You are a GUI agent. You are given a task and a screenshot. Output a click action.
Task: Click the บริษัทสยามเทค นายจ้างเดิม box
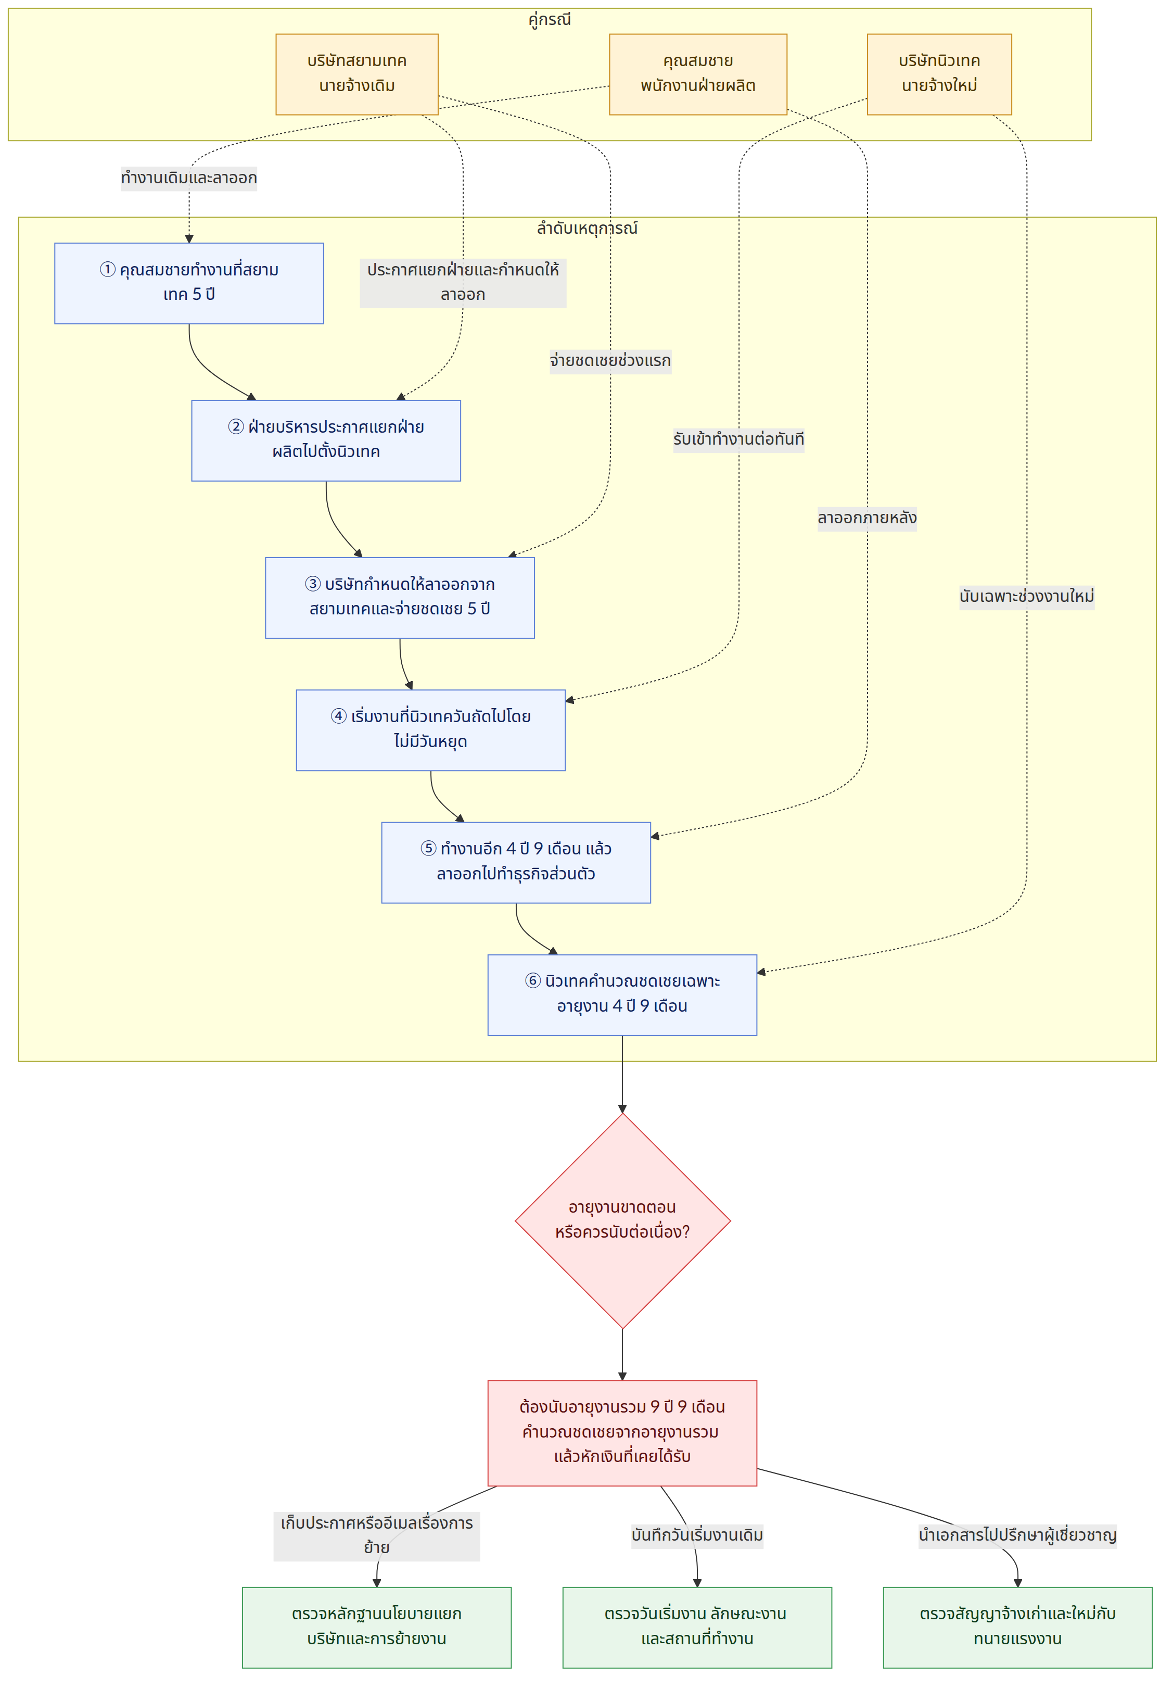[x=356, y=74]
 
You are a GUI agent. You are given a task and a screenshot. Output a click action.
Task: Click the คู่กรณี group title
[x=549, y=19]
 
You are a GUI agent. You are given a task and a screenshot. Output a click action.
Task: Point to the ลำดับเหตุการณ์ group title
[x=586, y=228]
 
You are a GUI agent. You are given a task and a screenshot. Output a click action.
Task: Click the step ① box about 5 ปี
[x=189, y=283]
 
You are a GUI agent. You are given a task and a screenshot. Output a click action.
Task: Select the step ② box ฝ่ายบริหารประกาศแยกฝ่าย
[x=326, y=440]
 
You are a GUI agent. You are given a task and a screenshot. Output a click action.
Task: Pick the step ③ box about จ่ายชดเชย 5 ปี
[x=400, y=598]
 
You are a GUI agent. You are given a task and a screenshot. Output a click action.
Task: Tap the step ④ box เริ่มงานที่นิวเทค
[x=431, y=730]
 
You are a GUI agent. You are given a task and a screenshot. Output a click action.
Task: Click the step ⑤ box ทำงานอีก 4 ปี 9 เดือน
[x=516, y=862]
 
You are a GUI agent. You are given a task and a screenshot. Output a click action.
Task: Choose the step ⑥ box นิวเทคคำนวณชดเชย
[x=622, y=994]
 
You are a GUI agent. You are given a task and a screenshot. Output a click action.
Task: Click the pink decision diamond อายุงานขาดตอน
[x=622, y=1220]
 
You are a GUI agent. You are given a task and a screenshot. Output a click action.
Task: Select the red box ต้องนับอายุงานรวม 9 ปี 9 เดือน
[x=622, y=1432]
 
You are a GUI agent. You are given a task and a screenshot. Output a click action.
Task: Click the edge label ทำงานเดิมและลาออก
[x=189, y=178]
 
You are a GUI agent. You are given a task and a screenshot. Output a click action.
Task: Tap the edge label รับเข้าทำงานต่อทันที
[x=738, y=439]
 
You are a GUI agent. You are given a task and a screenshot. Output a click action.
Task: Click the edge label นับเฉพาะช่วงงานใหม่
[x=1027, y=596]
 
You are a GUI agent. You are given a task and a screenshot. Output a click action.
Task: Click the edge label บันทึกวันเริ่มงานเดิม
[x=697, y=1535]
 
